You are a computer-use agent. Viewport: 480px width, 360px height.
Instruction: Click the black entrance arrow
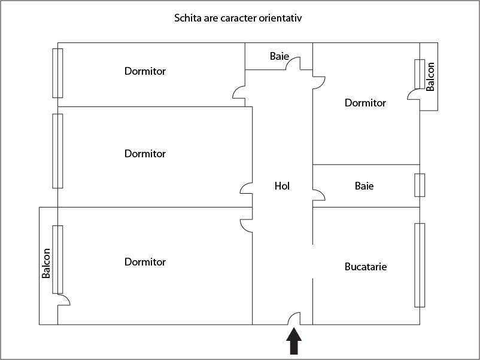pyautogui.click(x=294, y=341)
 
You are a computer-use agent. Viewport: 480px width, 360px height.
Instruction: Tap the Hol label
pyautogui.click(x=282, y=185)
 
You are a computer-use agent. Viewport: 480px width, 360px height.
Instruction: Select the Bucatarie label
pyautogui.click(x=366, y=266)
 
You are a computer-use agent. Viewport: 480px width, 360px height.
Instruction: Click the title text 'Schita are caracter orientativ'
pyautogui.click(x=238, y=18)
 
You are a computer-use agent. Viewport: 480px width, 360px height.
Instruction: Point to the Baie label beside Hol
pyautogui.click(x=364, y=185)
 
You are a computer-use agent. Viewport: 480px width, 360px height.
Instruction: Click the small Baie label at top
pyautogui.click(x=279, y=56)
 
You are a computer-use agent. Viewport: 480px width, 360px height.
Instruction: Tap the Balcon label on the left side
pyautogui.click(x=46, y=263)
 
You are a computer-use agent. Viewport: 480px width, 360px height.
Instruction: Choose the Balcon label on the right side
pyautogui.click(x=430, y=77)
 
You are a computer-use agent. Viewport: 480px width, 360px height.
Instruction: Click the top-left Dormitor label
pyautogui.click(x=145, y=71)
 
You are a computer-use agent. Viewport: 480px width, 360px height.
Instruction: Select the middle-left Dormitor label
pyautogui.click(x=145, y=153)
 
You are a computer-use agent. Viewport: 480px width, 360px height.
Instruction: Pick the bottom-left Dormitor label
pyautogui.click(x=145, y=261)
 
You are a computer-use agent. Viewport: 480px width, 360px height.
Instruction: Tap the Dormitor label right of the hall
pyautogui.click(x=365, y=102)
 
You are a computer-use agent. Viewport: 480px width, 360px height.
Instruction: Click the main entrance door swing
pyautogui.click(x=294, y=318)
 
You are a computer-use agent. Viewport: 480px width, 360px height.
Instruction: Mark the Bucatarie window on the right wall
pyautogui.click(x=420, y=265)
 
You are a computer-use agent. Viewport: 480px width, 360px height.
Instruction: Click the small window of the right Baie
pyautogui.click(x=420, y=185)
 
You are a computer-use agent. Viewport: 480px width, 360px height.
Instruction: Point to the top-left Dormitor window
pyautogui.click(x=57, y=73)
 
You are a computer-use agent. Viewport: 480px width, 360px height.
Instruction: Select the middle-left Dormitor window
pyautogui.click(x=57, y=151)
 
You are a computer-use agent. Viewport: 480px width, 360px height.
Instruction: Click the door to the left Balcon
pyautogui.click(x=64, y=300)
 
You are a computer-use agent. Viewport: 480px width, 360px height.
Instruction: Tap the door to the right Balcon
pyautogui.click(x=414, y=94)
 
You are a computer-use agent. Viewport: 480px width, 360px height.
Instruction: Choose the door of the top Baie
pyautogui.click(x=293, y=63)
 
